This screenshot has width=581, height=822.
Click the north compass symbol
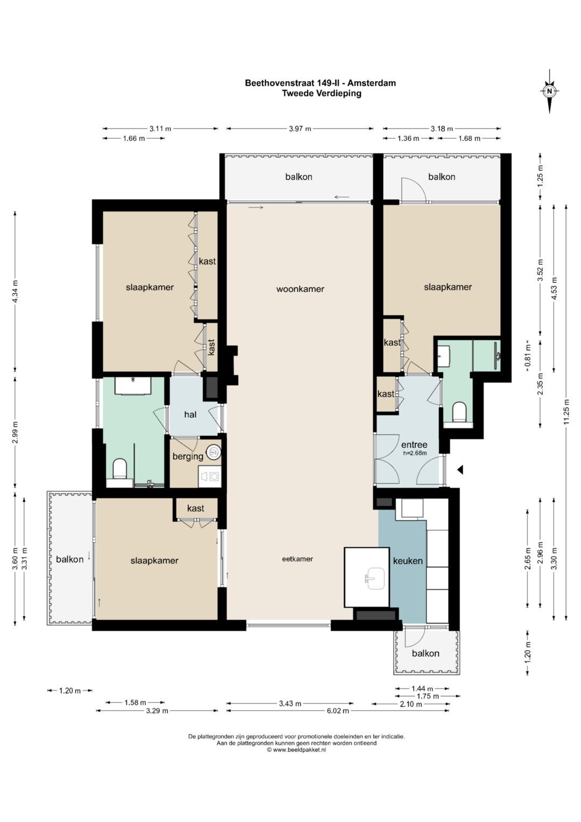pyautogui.click(x=549, y=92)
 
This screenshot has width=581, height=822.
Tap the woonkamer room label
pyautogui.click(x=300, y=289)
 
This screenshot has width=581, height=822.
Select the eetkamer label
pyautogui.click(x=297, y=559)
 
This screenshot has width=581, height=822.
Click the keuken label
pyautogui.click(x=408, y=561)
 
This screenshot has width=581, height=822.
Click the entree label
pyautogui.click(x=414, y=445)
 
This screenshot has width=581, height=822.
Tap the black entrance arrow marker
pyautogui.click(x=460, y=469)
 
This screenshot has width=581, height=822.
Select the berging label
pyautogui.click(x=188, y=457)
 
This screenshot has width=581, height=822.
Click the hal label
pyautogui.click(x=190, y=414)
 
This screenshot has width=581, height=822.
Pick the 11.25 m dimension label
pyautogui.click(x=566, y=412)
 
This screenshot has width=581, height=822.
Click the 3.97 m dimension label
pyautogui.click(x=300, y=129)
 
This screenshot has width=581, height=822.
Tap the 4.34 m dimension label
pyautogui.click(x=15, y=291)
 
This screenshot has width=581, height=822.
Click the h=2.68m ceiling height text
pyautogui.click(x=415, y=453)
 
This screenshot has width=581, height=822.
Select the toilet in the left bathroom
pyautogui.click(x=119, y=469)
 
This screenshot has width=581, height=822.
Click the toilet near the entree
pyautogui.click(x=459, y=412)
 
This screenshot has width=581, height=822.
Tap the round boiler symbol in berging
pyautogui.click(x=214, y=452)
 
